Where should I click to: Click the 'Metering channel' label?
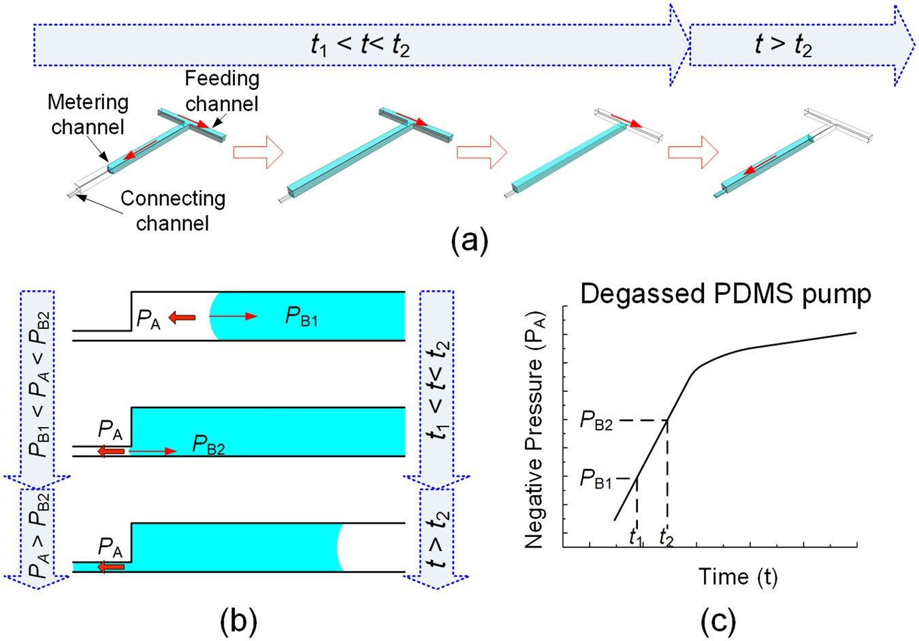pyautogui.click(x=88, y=114)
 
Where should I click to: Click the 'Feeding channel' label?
pyautogui.click(x=222, y=91)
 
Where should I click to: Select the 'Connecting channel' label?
pyautogui.click(x=172, y=210)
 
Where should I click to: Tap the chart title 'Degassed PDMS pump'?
pyautogui.click(x=725, y=294)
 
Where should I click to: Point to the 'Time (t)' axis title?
pyautogui.click(x=738, y=577)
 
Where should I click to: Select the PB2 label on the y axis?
pyautogui.click(x=596, y=422)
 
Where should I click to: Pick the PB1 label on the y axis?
pyautogui.click(x=596, y=480)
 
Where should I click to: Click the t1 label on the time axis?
pyautogui.click(x=636, y=537)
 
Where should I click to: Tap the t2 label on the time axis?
pyautogui.click(x=666, y=537)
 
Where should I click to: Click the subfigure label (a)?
pyautogui.click(x=469, y=240)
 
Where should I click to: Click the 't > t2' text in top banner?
pyautogui.click(x=783, y=45)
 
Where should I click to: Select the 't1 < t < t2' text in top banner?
pyautogui.click(x=360, y=45)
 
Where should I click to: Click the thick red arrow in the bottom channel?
pyautogui.click(x=111, y=567)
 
